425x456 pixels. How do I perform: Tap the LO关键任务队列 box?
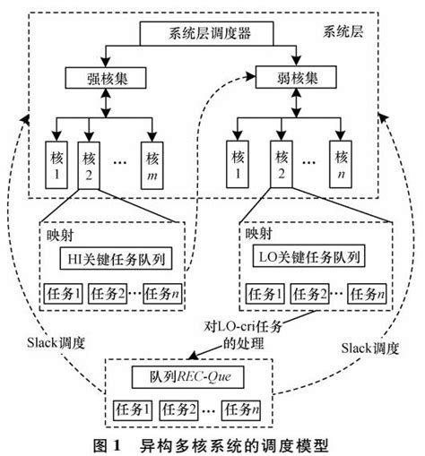[x=305, y=260]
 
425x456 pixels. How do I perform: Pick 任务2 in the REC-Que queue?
[x=183, y=409]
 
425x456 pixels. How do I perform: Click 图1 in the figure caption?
[x=110, y=444]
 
